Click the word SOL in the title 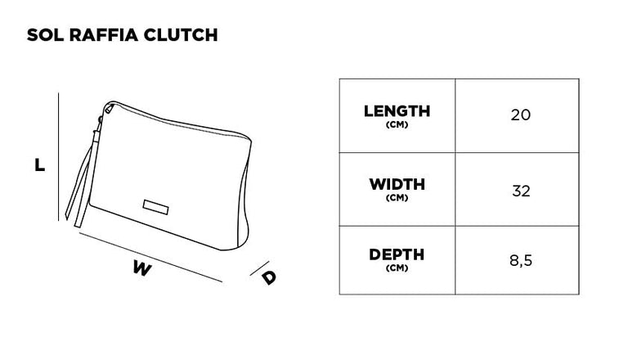[45, 35]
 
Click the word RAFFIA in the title [103, 35]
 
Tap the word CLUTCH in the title [180, 35]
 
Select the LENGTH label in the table [397, 111]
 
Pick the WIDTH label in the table [397, 184]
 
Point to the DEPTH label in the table [397, 254]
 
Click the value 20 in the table [521, 115]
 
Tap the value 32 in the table [521, 191]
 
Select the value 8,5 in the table [521, 260]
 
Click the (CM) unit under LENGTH [397, 124]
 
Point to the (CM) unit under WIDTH [397, 198]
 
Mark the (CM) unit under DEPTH [397, 268]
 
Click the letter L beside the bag [39, 164]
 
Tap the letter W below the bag [142, 268]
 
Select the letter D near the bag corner [269, 278]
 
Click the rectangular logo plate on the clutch [156, 207]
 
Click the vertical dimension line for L [59, 157]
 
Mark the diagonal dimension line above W [150, 258]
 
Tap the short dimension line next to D [259, 268]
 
